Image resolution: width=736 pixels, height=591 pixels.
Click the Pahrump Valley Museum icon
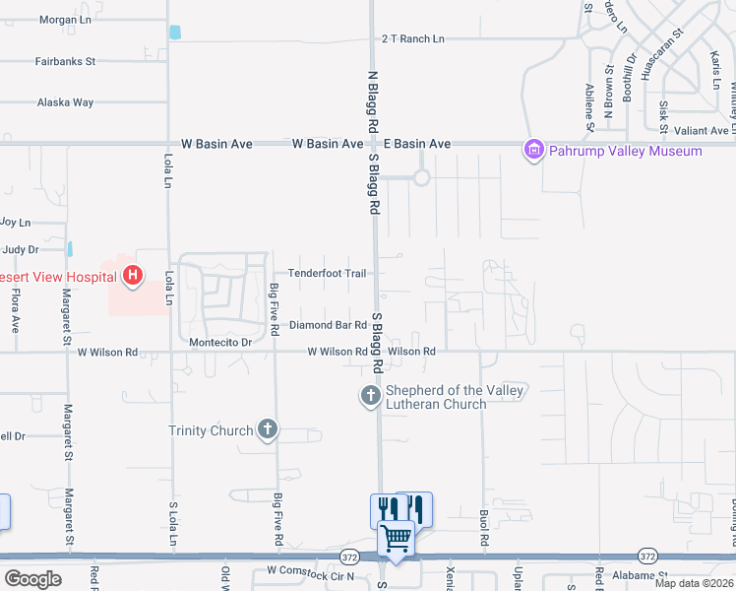click(x=533, y=151)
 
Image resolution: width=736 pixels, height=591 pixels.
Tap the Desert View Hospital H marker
click(x=132, y=277)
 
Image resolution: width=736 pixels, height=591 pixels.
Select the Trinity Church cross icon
click(x=267, y=429)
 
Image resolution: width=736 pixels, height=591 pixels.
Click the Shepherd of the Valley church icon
click(x=371, y=396)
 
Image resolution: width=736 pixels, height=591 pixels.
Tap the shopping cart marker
click(x=396, y=539)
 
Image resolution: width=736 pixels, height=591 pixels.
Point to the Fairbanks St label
click(x=65, y=61)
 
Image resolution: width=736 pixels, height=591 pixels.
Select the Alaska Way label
click(x=65, y=102)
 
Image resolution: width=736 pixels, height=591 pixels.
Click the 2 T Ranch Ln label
click(x=413, y=39)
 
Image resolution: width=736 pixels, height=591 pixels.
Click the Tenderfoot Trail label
click(x=327, y=273)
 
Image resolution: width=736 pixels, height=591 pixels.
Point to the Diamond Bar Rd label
click(x=328, y=325)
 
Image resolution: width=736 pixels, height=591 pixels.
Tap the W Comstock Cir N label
click(x=309, y=572)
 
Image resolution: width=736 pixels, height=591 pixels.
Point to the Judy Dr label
click(x=21, y=250)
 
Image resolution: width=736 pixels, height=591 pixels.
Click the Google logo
click(x=32, y=579)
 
